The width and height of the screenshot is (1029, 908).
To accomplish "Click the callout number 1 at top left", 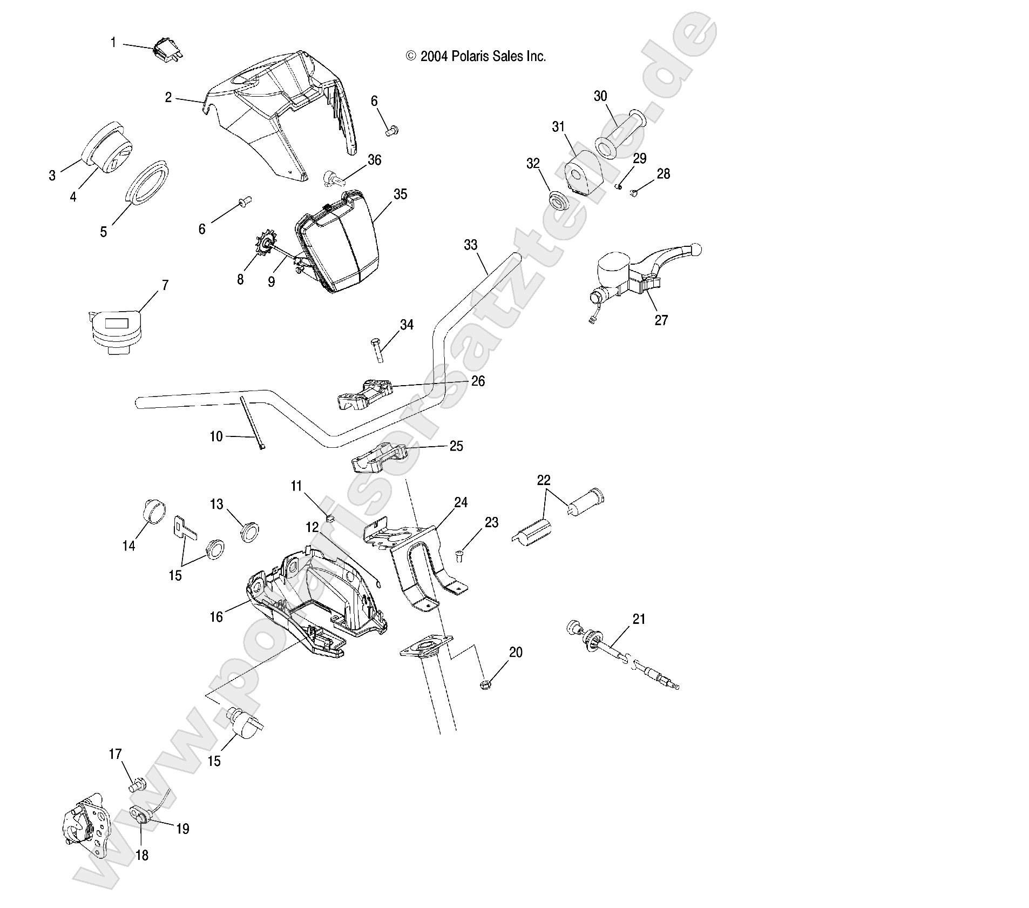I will pyautogui.click(x=113, y=42).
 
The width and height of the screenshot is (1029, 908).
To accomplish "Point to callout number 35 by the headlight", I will pyautogui.click(x=400, y=194).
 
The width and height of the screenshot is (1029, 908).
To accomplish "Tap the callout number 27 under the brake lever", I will pyautogui.click(x=661, y=320).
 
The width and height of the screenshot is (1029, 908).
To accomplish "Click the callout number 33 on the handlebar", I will pyautogui.click(x=470, y=245).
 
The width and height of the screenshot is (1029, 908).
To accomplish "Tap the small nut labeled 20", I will pyautogui.click(x=484, y=685).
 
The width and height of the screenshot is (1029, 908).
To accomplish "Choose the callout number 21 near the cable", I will pyautogui.click(x=639, y=619).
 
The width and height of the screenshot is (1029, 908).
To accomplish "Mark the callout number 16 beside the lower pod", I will pyautogui.click(x=216, y=617).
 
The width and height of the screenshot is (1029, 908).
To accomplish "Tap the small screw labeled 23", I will pyautogui.click(x=459, y=554).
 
